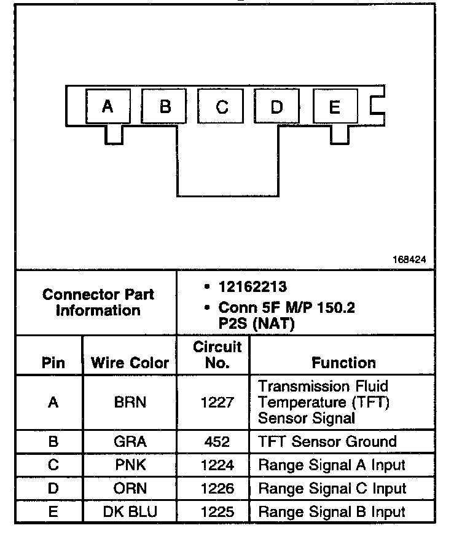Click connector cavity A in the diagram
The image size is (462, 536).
point(108,107)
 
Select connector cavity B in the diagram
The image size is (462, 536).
point(165,107)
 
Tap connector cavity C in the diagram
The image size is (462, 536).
point(222,107)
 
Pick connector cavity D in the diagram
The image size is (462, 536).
point(276,107)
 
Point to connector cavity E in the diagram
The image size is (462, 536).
point(335,107)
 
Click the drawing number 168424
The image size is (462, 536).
point(409,259)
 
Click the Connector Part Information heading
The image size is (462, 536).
point(98,302)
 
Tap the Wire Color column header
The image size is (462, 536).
point(130,363)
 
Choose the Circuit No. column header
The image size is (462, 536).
point(217,355)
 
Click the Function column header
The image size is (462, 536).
point(343,363)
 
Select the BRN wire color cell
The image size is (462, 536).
point(130,403)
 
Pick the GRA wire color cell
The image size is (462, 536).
point(130,442)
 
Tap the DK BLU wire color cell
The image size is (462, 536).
point(130,511)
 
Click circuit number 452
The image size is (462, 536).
point(217,442)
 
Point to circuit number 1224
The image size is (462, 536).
point(217,465)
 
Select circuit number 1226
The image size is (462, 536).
point(217,489)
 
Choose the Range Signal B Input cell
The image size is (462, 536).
point(332,511)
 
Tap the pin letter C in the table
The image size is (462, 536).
point(53,465)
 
